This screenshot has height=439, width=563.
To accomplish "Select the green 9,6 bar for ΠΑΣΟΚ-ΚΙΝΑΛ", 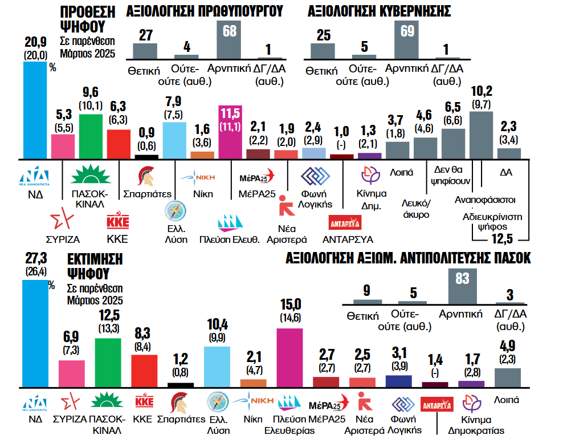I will [91, 136].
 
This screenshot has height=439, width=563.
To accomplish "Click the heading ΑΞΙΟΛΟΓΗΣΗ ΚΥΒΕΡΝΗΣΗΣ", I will [380, 11].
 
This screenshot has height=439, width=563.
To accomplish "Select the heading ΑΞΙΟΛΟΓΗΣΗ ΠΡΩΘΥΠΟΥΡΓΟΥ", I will [205, 11].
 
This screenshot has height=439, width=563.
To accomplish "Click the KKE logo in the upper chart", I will [118, 221].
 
